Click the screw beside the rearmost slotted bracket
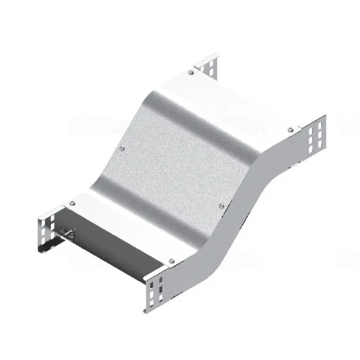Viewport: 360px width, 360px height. click(191, 72)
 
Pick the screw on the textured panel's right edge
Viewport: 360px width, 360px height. click(220, 206)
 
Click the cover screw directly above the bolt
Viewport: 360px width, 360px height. click(72, 202)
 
